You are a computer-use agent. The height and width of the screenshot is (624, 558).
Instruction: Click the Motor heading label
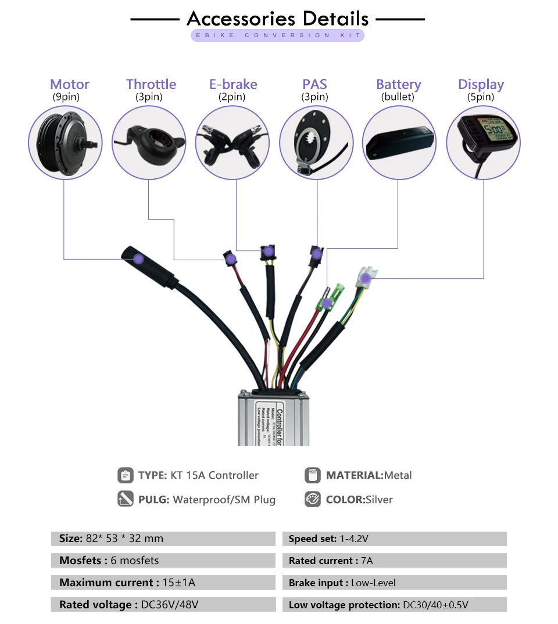70,84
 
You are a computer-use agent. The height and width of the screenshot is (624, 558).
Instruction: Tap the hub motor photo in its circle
65,141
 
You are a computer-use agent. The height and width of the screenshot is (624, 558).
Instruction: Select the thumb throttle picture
149,141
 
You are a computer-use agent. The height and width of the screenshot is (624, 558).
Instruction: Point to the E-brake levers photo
233,141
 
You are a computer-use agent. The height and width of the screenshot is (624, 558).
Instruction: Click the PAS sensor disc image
316,141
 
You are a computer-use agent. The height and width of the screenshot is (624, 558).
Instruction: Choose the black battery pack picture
399,141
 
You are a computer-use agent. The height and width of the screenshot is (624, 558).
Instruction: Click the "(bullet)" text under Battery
398,97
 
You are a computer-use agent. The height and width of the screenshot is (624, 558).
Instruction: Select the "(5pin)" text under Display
481,97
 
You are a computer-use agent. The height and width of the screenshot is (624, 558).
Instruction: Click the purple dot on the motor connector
138,259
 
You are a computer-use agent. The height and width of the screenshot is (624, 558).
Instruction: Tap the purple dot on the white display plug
365,278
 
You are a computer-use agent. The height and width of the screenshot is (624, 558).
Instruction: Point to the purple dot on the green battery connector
327,303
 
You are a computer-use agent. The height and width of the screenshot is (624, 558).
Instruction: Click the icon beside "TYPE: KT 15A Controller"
125,475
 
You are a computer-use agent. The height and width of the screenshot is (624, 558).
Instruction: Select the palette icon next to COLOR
313,500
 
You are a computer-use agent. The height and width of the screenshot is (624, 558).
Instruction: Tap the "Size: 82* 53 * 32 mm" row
163,539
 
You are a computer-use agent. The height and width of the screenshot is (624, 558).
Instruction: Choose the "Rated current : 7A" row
394,561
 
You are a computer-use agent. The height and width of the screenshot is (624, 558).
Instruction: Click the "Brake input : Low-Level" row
394,583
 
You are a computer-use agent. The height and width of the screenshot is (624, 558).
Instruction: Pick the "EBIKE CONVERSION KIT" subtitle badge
278,35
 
